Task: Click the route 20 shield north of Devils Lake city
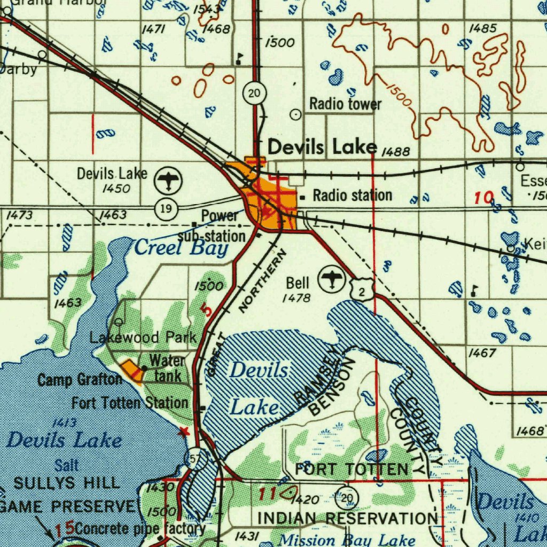coord(255,94)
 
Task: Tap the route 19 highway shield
coord(167,208)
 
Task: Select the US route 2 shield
coord(362,291)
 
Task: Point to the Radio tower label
coord(345,104)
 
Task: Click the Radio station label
coord(353,196)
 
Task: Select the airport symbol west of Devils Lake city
coord(168,180)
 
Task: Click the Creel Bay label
coord(181,248)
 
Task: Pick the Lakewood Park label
coord(143,338)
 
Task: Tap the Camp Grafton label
coord(80,380)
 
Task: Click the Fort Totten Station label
coord(130,403)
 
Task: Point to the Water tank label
coord(167,368)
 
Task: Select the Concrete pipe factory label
coord(140,529)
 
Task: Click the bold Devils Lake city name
coord(322,147)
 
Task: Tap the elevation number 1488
coord(396,153)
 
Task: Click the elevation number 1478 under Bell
coord(296,298)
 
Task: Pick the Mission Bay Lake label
coord(347,540)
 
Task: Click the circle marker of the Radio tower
coord(295,114)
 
